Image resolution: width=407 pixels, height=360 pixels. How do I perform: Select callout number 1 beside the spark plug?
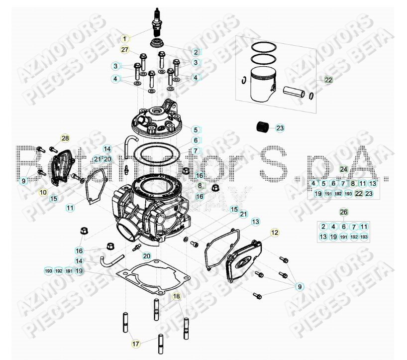(124, 38)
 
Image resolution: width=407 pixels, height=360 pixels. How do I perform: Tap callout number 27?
(124, 49)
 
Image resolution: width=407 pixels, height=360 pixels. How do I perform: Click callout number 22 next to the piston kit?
(329, 79)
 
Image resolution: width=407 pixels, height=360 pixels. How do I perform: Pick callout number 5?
(196, 129)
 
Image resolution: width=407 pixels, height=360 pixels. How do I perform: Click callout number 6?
(196, 140)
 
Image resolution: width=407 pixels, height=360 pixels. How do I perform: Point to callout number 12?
(275, 233)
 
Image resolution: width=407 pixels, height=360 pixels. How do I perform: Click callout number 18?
(176, 296)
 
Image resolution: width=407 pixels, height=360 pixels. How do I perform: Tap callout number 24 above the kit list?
(343, 169)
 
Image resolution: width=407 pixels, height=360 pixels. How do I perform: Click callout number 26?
(343, 212)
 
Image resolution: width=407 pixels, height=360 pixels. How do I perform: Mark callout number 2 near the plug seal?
(196, 52)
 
